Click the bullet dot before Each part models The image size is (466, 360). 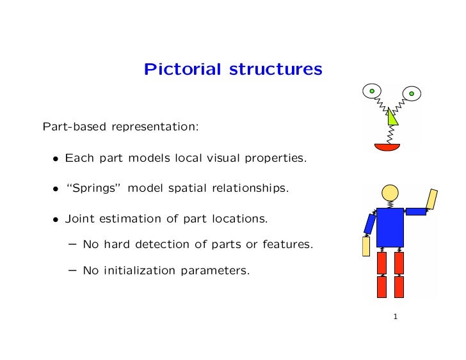pyautogui.click(x=56, y=158)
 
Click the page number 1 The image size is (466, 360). pyautogui.click(x=396, y=317)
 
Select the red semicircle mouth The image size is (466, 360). pyautogui.click(x=387, y=146)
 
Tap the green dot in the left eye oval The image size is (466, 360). pyautogui.click(x=371, y=91)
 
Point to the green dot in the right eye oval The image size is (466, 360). pyautogui.click(x=411, y=94)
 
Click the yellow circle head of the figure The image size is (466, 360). pyautogui.click(x=390, y=192)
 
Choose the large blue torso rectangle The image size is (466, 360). pyautogui.click(x=390, y=226)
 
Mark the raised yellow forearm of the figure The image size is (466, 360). pyautogui.click(x=432, y=199)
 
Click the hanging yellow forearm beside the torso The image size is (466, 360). pyautogui.click(x=366, y=246)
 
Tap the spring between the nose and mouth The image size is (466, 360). pyautogui.click(x=388, y=134)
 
